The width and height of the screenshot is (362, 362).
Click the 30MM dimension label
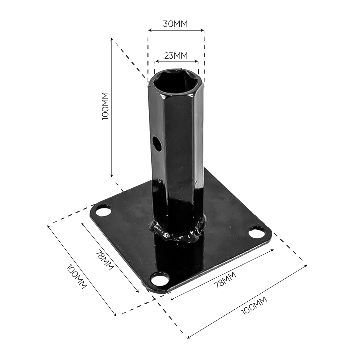(x=175, y=24)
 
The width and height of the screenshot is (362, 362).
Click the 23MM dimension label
(x=176, y=55)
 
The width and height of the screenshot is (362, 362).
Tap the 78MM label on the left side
(x=104, y=260)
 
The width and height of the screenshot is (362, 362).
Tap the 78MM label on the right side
(x=225, y=280)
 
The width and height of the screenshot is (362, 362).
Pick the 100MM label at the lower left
(x=76, y=277)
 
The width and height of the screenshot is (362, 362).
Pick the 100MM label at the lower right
(x=254, y=306)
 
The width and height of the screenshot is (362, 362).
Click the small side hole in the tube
(x=157, y=143)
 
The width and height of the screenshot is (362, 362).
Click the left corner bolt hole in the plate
(x=103, y=212)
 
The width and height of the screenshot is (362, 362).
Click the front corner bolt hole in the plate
(x=160, y=278)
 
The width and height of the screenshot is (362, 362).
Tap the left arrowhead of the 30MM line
(x=149, y=31)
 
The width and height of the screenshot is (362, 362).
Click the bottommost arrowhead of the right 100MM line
(x=188, y=337)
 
